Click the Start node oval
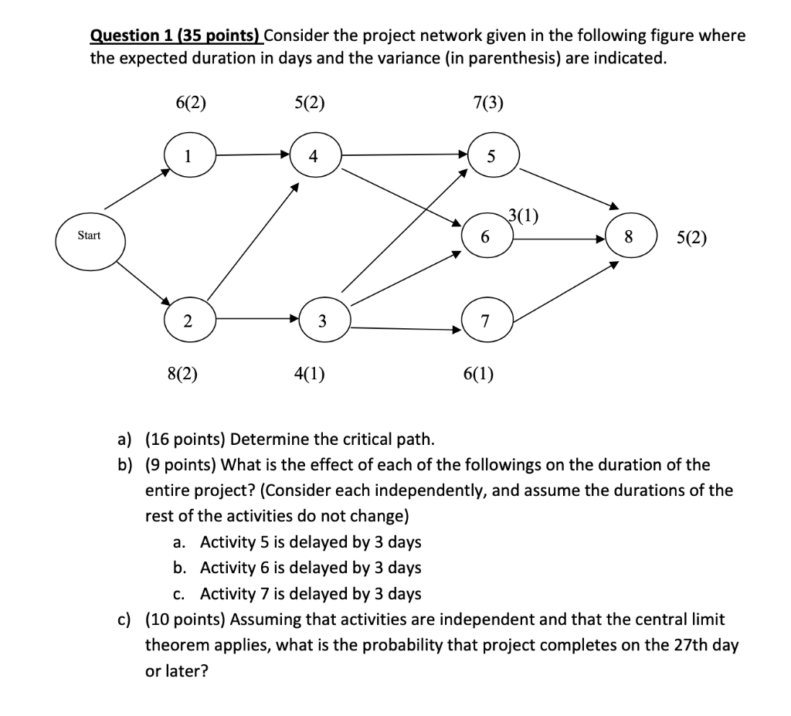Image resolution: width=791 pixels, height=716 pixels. [x=89, y=236]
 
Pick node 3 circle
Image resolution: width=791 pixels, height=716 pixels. [x=323, y=321]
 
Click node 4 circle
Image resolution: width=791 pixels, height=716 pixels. [x=313, y=154]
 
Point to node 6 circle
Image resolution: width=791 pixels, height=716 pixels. [x=485, y=236]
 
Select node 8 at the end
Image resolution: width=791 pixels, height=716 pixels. [x=629, y=237]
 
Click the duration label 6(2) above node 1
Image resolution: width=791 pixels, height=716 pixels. [x=191, y=103]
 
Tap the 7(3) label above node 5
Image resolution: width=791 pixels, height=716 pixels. [x=487, y=103]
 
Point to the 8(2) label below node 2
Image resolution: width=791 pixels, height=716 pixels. [x=182, y=375]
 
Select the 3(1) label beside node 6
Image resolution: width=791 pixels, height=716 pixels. [x=525, y=215]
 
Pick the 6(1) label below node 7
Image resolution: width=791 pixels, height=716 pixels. [x=479, y=375]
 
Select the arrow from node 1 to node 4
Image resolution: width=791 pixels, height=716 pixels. [x=251, y=154]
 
